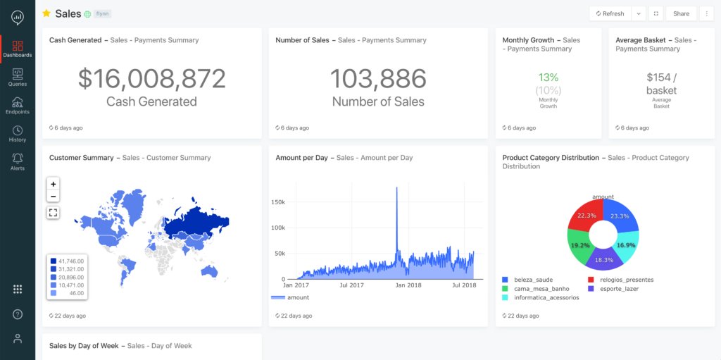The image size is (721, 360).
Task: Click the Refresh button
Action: pos(610,13)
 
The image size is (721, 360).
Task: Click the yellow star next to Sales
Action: pos(46,13)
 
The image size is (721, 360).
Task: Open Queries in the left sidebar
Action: pos(18,77)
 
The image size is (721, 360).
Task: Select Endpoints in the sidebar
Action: pos(18,106)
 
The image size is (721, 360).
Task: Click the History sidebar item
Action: pos(18,134)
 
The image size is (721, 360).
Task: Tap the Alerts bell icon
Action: pos(18,161)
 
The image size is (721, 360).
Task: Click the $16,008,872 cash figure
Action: pos(151,79)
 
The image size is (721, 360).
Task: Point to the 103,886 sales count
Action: pos(378,79)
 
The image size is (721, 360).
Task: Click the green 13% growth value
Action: pos(548,77)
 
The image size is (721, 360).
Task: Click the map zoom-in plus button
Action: pos(54,184)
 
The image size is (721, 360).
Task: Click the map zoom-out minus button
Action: pos(54,197)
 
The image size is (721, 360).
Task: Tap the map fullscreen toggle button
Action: pos(54,212)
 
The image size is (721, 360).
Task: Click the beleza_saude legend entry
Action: pos(533,280)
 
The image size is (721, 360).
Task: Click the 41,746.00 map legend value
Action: pos(70,261)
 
